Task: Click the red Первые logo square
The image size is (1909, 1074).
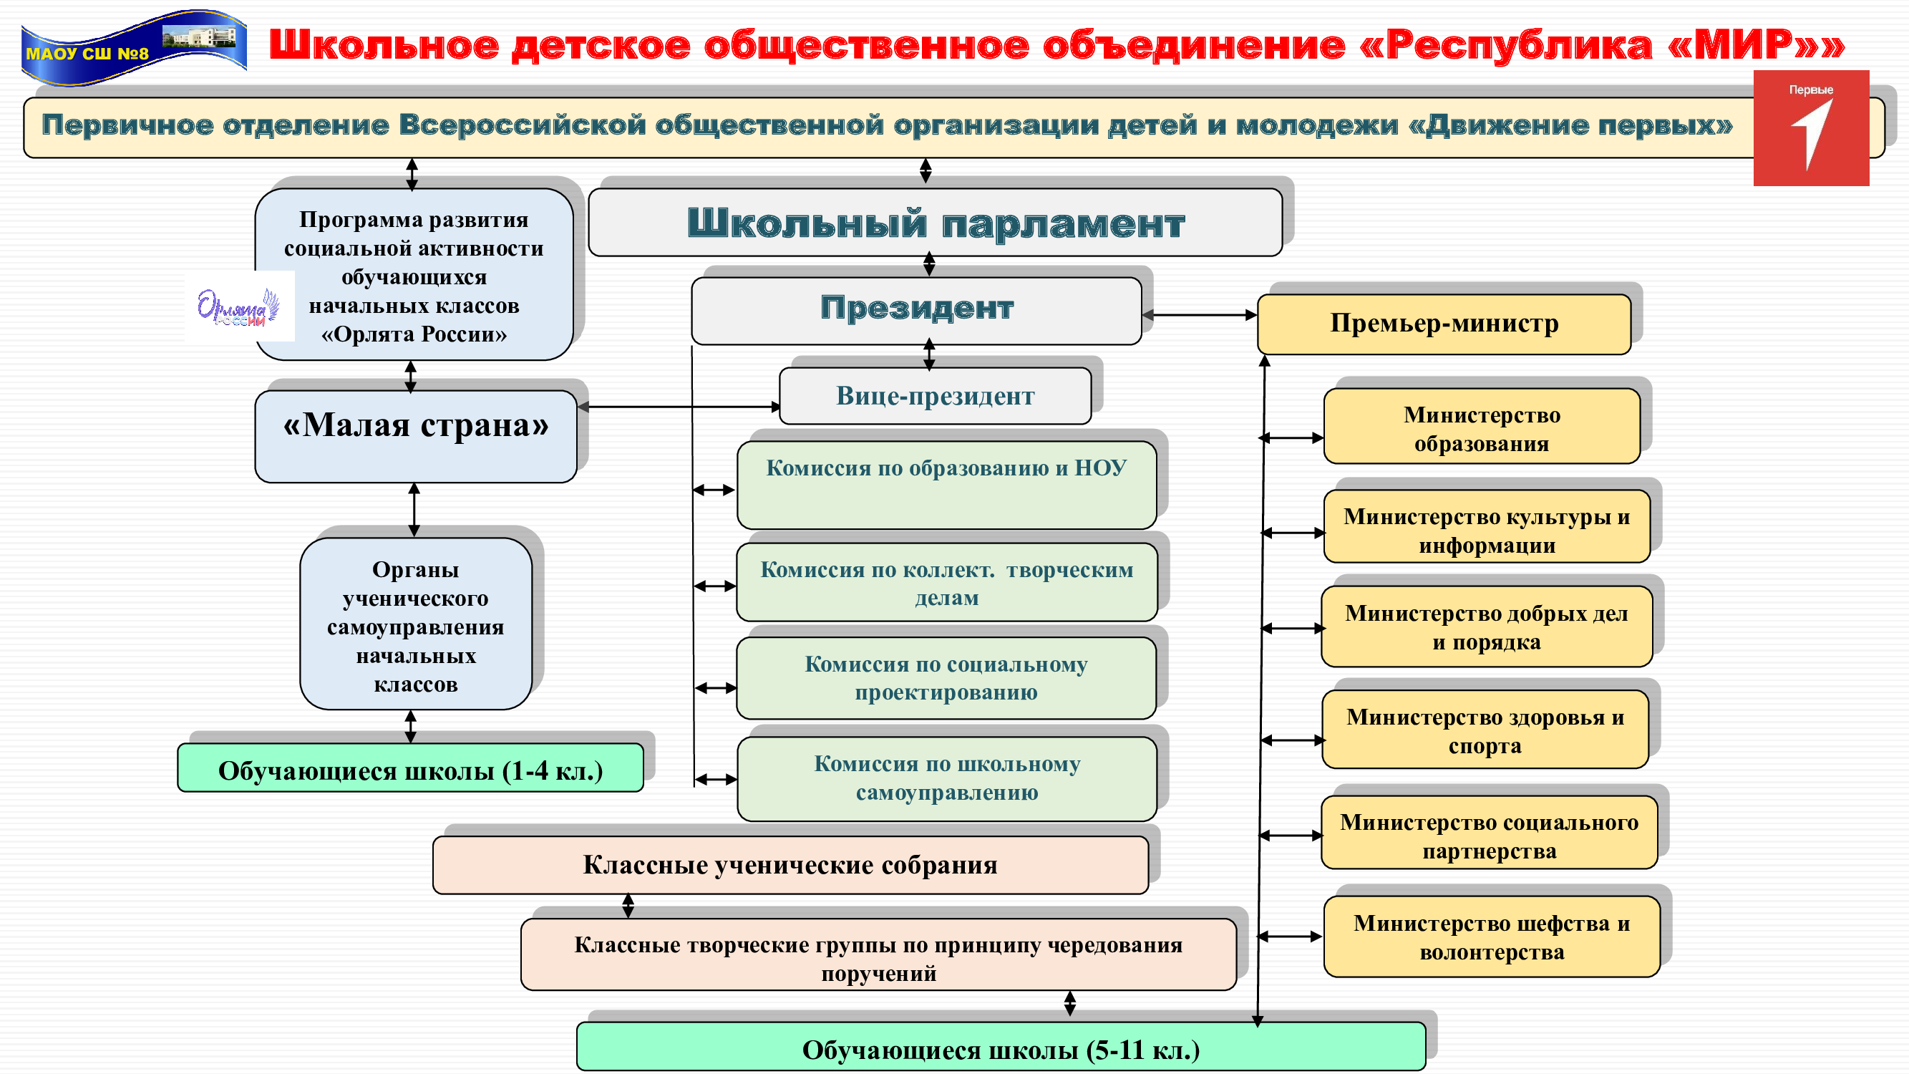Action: click(1810, 127)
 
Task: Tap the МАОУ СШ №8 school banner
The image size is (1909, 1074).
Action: click(133, 47)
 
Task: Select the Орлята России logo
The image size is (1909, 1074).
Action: click(238, 306)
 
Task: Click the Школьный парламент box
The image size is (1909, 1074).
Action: click(935, 223)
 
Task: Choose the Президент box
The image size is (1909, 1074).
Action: click(916, 310)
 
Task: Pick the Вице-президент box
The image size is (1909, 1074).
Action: click(935, 396)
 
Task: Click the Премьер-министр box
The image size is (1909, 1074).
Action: click(1444, 324)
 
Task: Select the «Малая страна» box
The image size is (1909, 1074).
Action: click(416, 436)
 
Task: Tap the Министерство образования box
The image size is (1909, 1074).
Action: click(1481, 427)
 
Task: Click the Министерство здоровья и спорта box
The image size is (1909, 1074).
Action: click(1485, 730)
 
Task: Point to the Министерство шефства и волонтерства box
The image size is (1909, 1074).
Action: click(1491, 936)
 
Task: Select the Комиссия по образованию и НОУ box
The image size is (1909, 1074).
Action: click(946, 484)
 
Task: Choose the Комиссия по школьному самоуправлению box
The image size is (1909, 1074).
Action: click(946, 778)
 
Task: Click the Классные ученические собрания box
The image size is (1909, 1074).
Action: click(790, 864)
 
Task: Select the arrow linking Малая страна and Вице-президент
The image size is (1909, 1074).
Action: click(678, 406)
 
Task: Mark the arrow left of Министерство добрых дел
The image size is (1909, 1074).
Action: click(1293, 629)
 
